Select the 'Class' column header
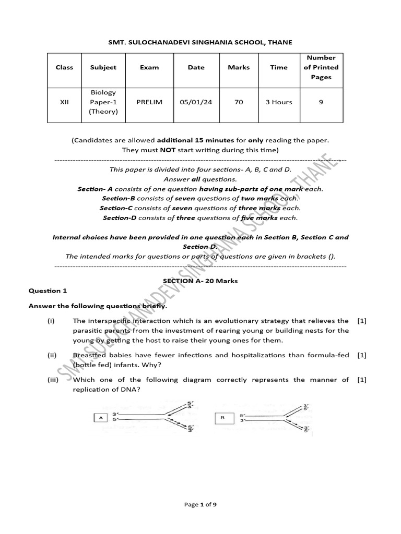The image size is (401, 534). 64,67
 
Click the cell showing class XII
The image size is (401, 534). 64,102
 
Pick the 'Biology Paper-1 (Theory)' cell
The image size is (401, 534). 103,102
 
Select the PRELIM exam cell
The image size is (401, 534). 149,102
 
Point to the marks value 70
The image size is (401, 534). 239,102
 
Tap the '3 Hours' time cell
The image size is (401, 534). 279,102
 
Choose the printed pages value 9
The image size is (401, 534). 321,102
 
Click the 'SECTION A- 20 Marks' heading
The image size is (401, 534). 200,281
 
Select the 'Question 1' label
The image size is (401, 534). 48,291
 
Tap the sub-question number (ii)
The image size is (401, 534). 51,355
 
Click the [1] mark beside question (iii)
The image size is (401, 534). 362,380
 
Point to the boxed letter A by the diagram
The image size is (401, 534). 99,417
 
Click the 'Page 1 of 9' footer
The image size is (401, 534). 200,519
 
